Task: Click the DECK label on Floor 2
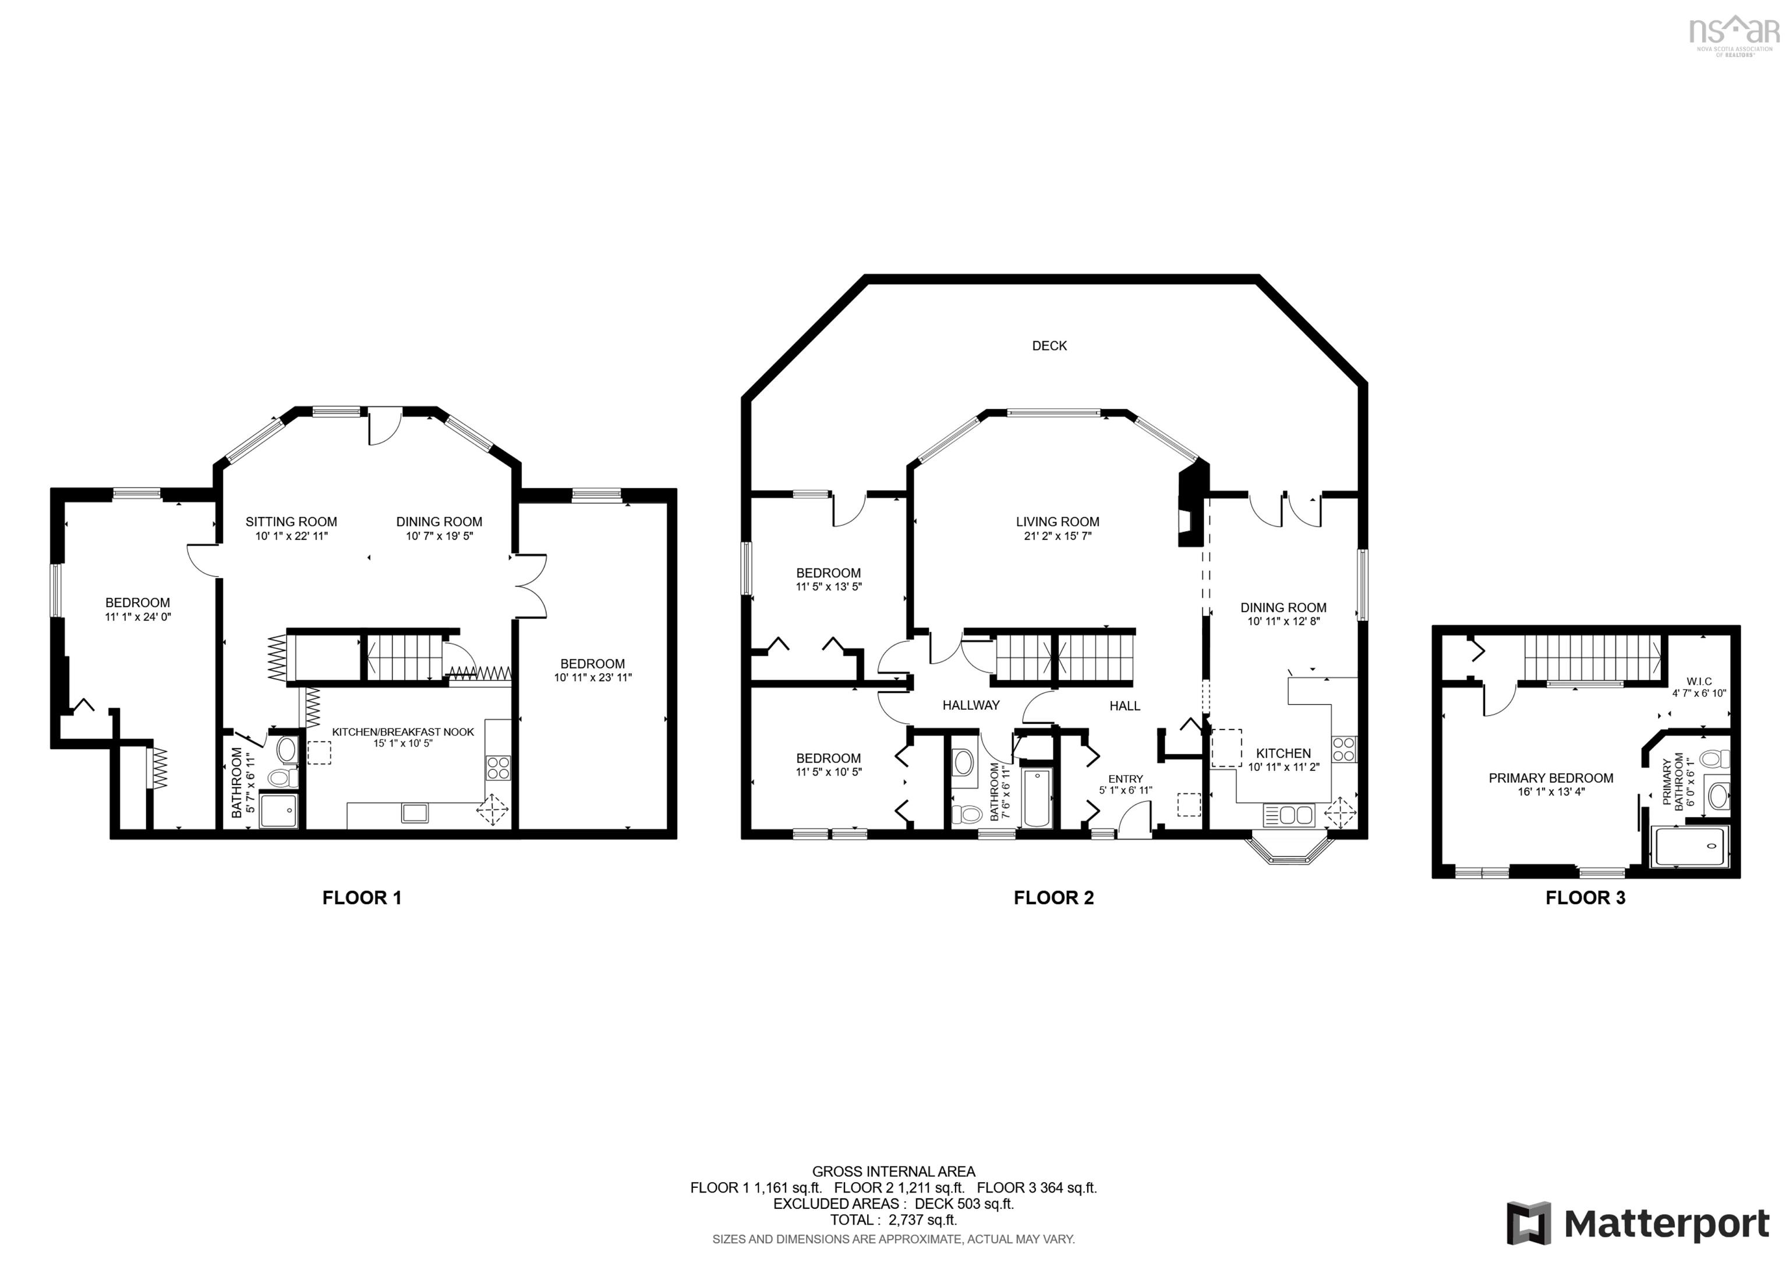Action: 1049,346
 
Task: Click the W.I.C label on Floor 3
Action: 1699,681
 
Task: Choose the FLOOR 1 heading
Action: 362,897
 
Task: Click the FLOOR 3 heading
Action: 1585,897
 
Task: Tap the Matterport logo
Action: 1637,1223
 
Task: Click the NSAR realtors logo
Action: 1734,33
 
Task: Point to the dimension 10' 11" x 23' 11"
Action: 592,678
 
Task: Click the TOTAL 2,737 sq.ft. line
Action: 893,1220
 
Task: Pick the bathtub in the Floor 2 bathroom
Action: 1037,797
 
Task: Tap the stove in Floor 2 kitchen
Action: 1343,749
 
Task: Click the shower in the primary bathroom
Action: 1689,846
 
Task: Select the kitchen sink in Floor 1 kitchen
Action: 415,813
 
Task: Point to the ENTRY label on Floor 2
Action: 1125,779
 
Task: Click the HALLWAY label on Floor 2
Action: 971,705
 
